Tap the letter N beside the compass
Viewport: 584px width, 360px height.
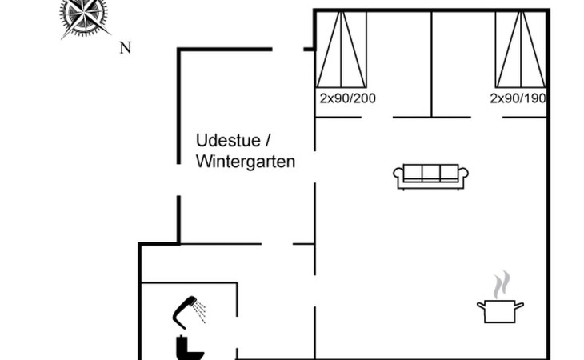tap(126, 48)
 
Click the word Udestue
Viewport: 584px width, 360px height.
tap(228, 141)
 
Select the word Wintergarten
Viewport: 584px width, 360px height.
tap(246, 162)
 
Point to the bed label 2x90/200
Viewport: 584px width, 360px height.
tap(347, 98)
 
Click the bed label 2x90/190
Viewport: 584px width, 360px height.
tap(518, 98)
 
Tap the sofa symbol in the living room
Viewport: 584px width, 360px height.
tap(430, 177)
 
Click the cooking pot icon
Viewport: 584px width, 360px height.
tap(500, 311)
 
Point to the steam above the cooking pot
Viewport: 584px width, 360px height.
tap(502, 285)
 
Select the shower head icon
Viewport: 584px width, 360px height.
tap(188, 311)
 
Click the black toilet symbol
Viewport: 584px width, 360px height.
tap(190, 348)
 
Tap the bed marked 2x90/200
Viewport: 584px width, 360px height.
tap(341, 50)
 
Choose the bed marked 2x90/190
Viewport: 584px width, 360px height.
tap(521, 50)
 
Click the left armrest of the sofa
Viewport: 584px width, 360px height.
tap(398, 176)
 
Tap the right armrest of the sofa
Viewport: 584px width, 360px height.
tap(463, 176)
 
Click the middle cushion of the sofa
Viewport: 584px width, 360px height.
tap(431, 173)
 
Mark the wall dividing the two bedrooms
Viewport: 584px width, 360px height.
tap(432, 64)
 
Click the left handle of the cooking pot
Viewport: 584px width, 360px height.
tap(481, 306)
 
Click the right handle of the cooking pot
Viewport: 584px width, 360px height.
tap(519, 306)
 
